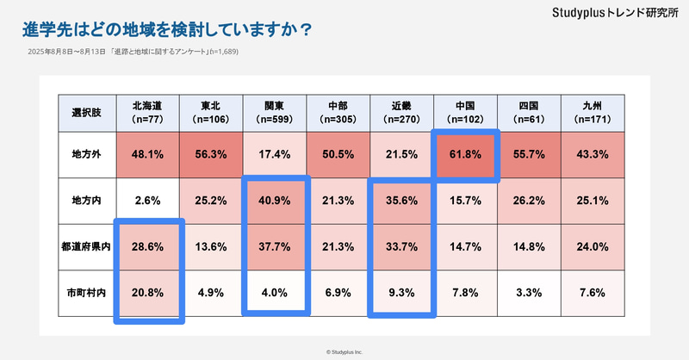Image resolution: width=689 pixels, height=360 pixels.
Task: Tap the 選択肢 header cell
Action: [x=84, y=111]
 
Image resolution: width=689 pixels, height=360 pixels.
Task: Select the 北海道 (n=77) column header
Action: [x=148, y=111]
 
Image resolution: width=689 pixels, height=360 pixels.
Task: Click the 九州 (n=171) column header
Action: [x=593, y=111]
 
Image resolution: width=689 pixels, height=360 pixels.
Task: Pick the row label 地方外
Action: [x=84, y=155]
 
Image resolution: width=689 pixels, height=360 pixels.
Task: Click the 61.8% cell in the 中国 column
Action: [x=466, y=155]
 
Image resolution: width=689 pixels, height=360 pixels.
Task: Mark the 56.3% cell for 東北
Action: [x=212, y=155]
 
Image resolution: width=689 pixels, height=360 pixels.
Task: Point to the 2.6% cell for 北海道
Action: [x=148, y=200]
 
